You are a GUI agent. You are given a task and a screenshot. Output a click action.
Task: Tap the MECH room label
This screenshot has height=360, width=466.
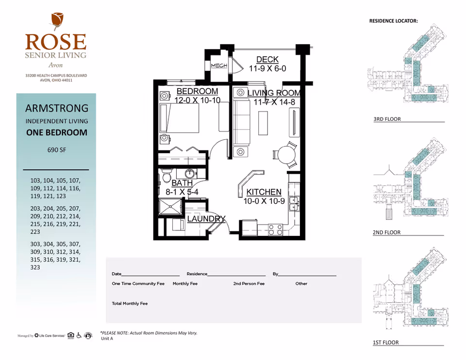pos(219,65)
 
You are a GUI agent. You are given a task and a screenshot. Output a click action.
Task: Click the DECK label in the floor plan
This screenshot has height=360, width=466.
pos(267,60)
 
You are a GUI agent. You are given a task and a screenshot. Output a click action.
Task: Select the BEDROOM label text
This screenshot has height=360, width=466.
pos(197,91)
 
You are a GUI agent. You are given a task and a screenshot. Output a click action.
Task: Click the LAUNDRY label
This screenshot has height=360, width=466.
pos(206,219)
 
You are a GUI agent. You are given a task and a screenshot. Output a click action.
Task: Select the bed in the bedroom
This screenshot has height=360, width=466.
pos(183,118)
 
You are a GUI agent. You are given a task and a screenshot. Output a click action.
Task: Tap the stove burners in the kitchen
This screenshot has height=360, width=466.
pos(276,229)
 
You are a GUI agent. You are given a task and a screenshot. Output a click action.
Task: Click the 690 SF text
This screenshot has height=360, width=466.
pos(56,150)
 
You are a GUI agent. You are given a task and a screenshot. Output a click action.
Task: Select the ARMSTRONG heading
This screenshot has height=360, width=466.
pos(56,108)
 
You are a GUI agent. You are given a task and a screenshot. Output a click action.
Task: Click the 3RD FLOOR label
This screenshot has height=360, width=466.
pos(387,119)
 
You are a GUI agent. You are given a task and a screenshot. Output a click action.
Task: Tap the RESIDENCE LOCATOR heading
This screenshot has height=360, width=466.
pos(393,21)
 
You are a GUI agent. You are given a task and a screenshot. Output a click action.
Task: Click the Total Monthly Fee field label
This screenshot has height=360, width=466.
pos(130,304)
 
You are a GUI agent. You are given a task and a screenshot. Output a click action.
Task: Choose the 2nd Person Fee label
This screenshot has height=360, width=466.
pos(249,284)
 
